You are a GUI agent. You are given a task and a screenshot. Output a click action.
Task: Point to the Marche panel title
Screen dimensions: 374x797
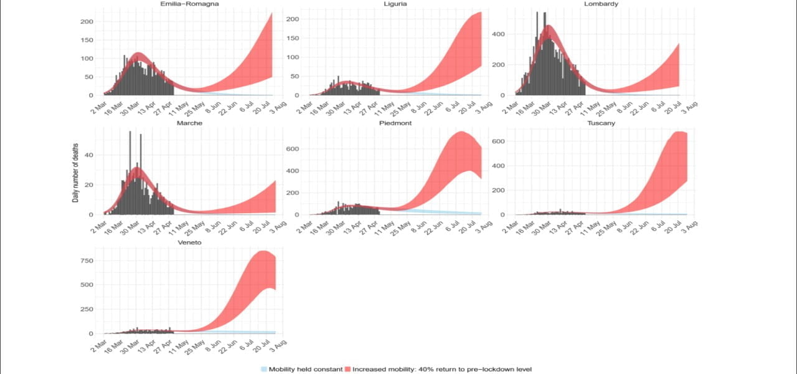tap(189, 123)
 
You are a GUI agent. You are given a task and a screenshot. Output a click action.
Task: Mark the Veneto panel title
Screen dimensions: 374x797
tap(189, 242)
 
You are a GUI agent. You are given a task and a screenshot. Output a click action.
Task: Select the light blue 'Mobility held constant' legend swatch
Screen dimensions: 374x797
tap(264, 369)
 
